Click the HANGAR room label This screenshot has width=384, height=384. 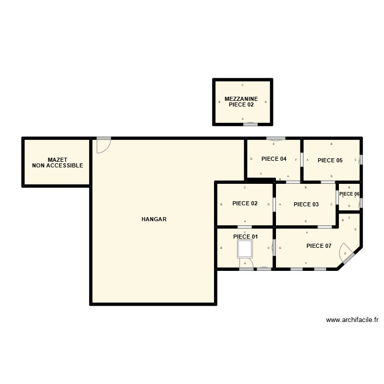(154, 219)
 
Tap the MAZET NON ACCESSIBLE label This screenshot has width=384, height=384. (57, 163)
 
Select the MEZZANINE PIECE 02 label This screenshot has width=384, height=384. (241, 101)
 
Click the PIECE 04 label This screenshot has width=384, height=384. (274, 159)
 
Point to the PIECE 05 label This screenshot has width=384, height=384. (330, 160)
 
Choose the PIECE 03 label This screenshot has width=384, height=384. (306, 204)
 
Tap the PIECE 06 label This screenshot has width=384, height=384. (349, 194)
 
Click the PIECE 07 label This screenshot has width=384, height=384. (319, 246)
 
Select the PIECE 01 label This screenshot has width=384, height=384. (245, 237)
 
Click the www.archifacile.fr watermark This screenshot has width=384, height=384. (352, 320)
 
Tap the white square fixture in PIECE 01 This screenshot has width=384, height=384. (245, 249)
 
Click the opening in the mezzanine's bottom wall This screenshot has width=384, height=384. (250, 123)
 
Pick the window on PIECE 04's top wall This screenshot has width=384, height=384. (276, 139)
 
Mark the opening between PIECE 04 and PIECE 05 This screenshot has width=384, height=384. (302, 160)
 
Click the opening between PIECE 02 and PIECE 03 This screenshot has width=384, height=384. (274, 204)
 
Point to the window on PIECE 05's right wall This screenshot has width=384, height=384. (361, 160)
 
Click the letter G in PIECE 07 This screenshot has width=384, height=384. (280, 248)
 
